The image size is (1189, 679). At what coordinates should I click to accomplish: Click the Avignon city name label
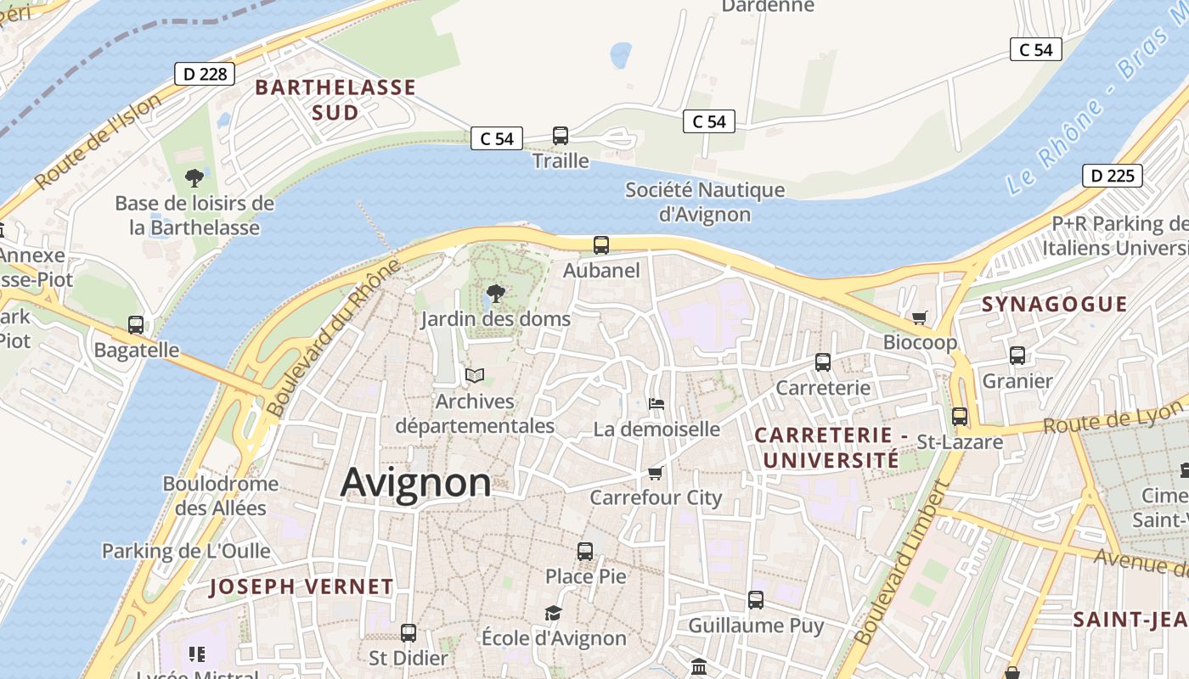pyautogui.click(x=415, y=483)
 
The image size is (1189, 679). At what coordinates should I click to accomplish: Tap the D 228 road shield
pyautogui.click(x=205, y=74)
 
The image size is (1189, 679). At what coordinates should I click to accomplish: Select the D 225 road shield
pyautogui.click(x=1112, y=176)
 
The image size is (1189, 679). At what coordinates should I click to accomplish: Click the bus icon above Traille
pyautogui.click(x=561, y=136)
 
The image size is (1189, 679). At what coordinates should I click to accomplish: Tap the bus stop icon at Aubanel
pyautogui.click(x=601, y=245)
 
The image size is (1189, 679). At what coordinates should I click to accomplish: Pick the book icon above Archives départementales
pyautogui.click(x=474, y=375)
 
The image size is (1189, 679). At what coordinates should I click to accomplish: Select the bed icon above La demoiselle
pyautogui.click(x=656, y=403)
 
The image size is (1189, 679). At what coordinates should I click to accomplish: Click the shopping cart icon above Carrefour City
pyautogui.click(x=655, y=473)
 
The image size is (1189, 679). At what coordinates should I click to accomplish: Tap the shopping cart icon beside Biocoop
pyautogui.click(x=919, y=317)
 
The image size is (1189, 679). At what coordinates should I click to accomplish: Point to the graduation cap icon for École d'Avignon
pyautogui.click(x=553, y=613)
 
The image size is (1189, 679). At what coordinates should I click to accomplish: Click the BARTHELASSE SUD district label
pyautogui.click(x=335, y=99)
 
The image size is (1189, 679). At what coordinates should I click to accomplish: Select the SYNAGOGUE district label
pyautogui.click(x=1054, y=304)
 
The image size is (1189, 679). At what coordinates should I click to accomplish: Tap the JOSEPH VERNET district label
pyautogui.click(x=301, y=586)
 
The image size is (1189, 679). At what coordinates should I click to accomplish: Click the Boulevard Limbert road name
pyautogui.click(x=901, y=564)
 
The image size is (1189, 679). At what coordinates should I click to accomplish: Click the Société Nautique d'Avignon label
pyautogui.click(x=705, y=201)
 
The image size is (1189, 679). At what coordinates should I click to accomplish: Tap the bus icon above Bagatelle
pyautogui.click(x=136, y=324)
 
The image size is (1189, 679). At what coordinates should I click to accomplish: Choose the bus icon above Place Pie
pyautogui.click(x=585, y=551)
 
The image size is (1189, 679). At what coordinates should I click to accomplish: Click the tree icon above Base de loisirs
pyautogui.click(x=194, y=178)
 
